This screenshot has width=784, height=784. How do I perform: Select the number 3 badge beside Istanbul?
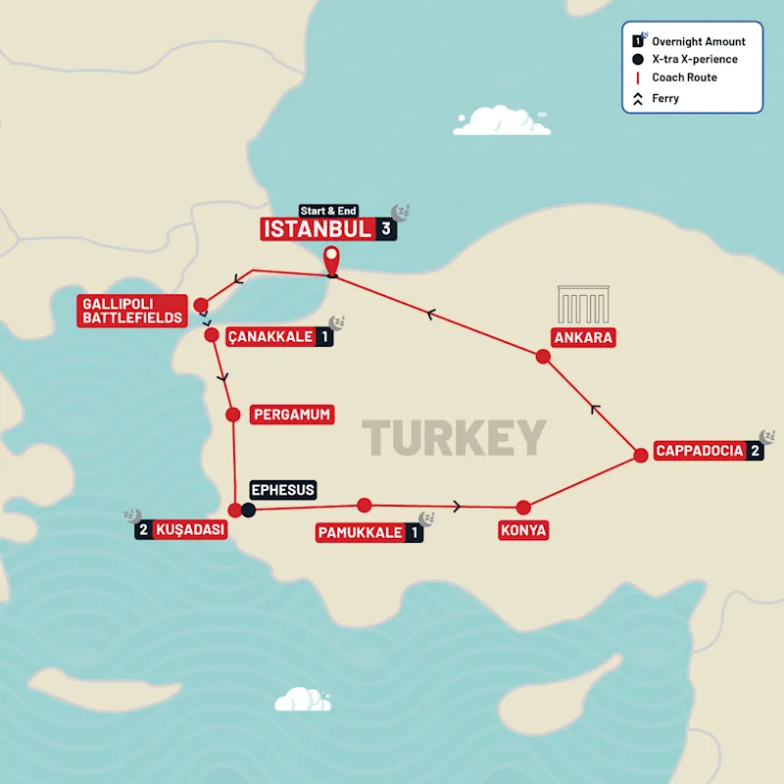[387, 229]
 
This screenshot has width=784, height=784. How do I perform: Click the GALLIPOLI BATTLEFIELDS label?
[132, 311]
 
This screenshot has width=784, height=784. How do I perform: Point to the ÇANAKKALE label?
[269, 337]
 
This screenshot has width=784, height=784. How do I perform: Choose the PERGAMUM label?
[291, 415]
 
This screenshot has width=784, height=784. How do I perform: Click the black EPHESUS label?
[283, 489]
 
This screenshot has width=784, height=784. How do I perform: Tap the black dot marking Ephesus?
[249, 510]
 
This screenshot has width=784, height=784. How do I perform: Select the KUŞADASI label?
[190, 531]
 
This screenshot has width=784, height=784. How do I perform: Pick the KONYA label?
[522, 531]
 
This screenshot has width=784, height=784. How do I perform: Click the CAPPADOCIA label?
[700, 452]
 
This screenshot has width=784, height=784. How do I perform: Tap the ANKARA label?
[583, 338]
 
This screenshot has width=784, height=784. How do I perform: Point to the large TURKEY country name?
[454, 438]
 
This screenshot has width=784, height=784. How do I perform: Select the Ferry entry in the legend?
[665, 98]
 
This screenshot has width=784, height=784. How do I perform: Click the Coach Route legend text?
[684, 78]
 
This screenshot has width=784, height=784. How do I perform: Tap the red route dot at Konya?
[523, 507]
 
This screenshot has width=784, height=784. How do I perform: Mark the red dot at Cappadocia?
[640, 455]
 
